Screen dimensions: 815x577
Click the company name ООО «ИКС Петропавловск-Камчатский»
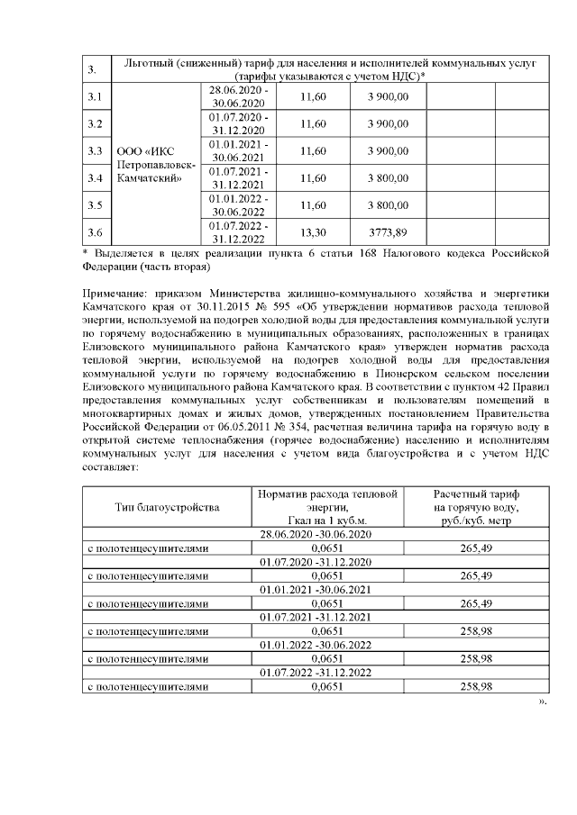tap(154, 164)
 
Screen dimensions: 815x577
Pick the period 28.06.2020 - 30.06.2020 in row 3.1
tap(238, 97)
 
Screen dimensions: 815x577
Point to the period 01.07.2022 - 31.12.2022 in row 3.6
tap(238, 232)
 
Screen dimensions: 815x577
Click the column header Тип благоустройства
tap(167, 507)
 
